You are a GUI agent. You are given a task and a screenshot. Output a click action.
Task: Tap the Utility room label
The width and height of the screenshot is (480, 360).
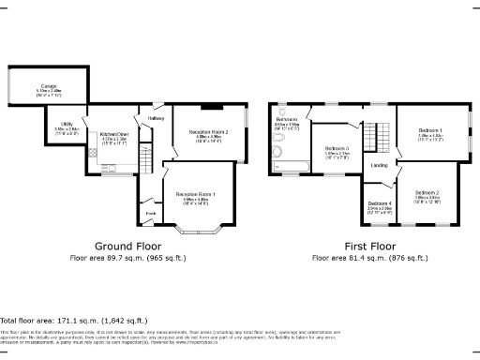coord(67,124)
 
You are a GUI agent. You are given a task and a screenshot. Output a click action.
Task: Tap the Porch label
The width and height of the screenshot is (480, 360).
coord(150,213)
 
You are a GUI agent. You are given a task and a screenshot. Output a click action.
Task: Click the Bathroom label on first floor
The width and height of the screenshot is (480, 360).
coord(286,120)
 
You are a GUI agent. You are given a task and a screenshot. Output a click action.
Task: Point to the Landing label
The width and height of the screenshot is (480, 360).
coord(380,166)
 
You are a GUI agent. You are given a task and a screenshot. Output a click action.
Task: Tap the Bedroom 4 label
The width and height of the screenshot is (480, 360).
coord(380,203)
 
